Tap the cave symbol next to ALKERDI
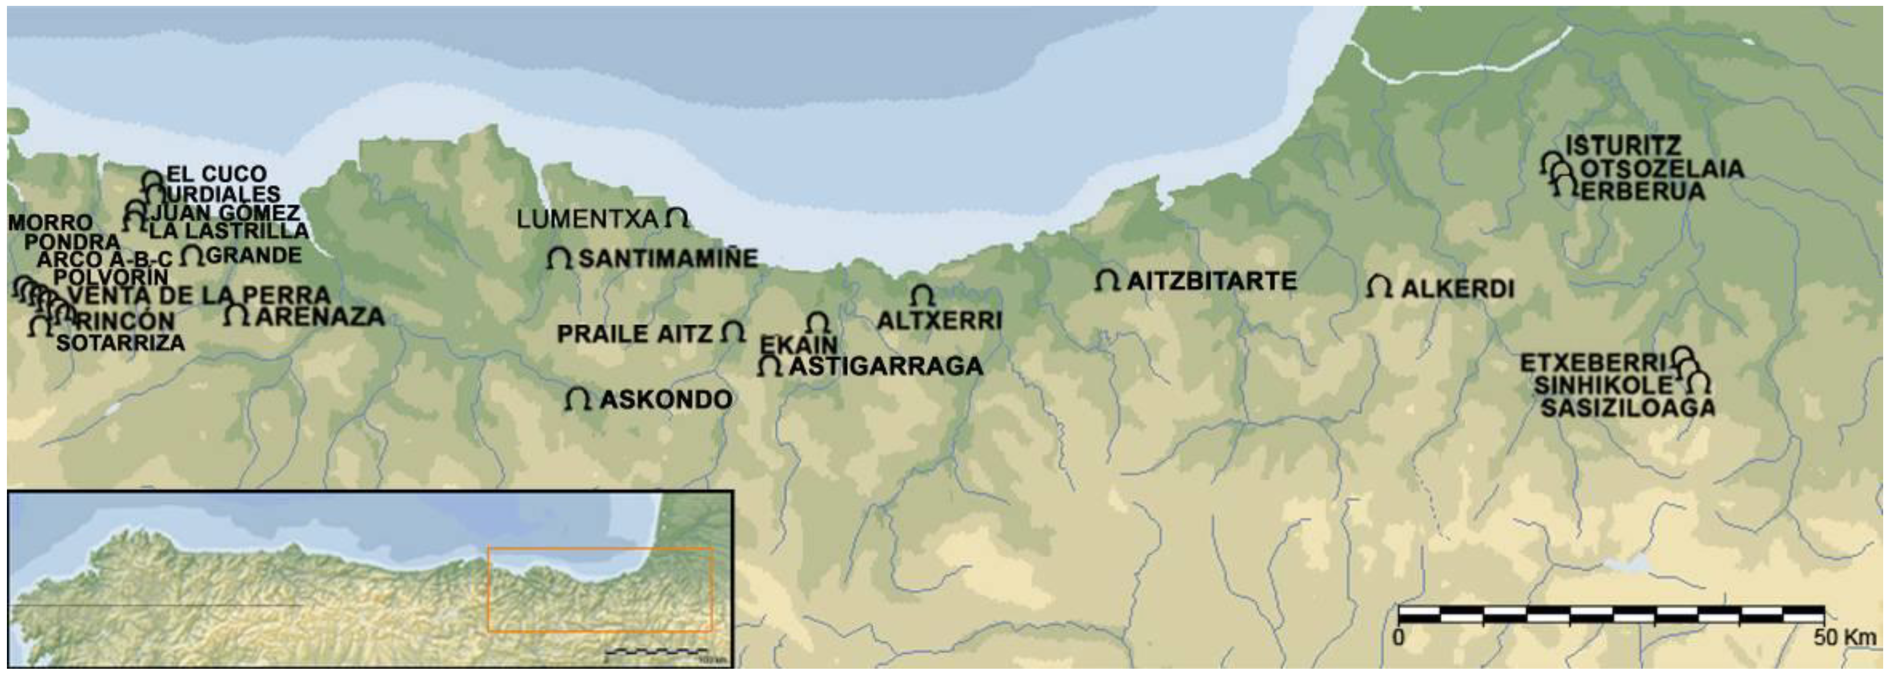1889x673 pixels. click(1379, 287)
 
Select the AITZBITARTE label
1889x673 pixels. click(1212, 281)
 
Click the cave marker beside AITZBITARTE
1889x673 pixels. click(1107, 280)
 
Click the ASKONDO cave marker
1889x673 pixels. click(578, 399)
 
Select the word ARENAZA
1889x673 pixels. click(320, 316)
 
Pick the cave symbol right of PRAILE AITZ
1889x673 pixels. click(732, 332)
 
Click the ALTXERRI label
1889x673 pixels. click(939, 320)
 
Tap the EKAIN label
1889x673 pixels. click(798, 345)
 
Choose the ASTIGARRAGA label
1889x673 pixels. click(885, 366)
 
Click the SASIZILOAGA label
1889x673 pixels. click(1627, 408)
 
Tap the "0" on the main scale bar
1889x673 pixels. click(1399, 637)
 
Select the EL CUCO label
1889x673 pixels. click(216, 174)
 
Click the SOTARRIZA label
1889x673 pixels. click(120, 343)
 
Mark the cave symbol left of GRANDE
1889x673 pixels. click(192, 256)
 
